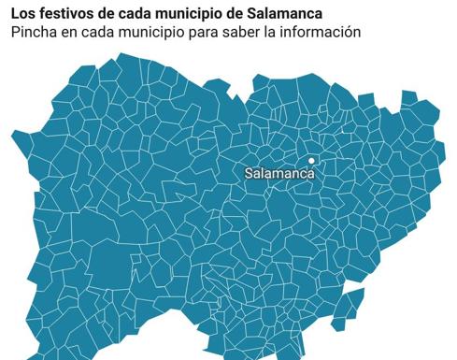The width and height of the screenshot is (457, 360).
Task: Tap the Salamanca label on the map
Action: click(279, 173)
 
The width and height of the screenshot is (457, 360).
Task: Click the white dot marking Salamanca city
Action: click(311, 160)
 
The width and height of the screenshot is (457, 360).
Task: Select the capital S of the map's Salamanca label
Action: click(249, 173)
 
